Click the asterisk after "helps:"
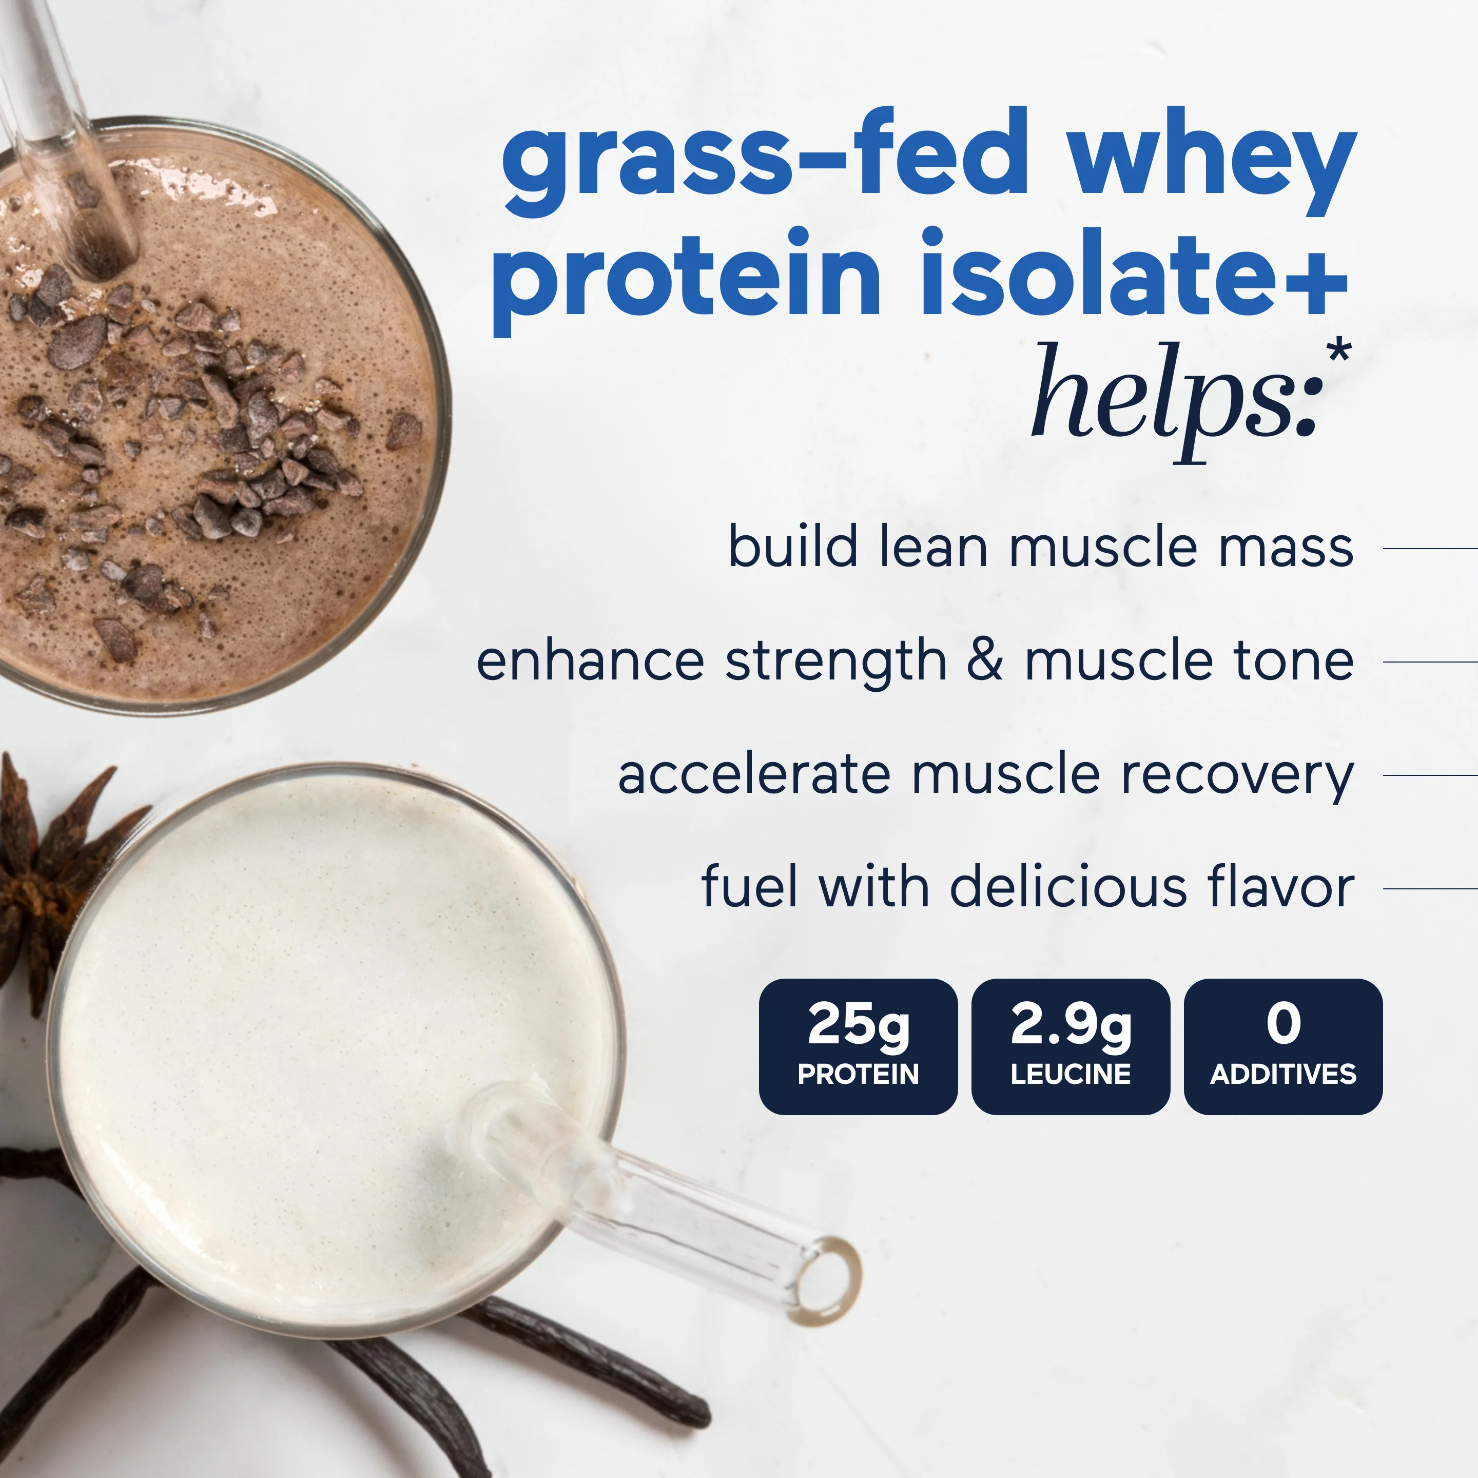point(1339,354)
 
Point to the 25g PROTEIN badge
point(858,1046)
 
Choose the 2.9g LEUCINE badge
point(1070,1046)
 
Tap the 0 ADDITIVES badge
point(1283,1046)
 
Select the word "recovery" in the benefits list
point(1237,776)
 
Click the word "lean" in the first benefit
point(934,547)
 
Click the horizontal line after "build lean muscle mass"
point(1431,549)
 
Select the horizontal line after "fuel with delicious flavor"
point(1431,888)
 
